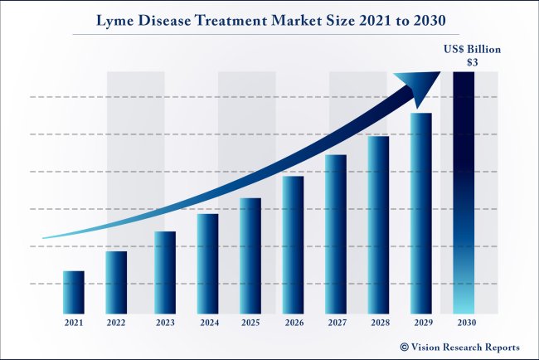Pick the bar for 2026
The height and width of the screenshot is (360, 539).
[293, 245]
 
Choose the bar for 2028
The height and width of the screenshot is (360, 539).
[378, 225]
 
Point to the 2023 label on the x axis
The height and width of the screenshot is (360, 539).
[165, 322]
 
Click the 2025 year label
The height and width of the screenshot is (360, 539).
[250, 322]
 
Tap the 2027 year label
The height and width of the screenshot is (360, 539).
[337, 322]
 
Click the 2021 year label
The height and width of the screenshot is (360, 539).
[74, 322]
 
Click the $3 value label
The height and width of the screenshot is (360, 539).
[471, 62]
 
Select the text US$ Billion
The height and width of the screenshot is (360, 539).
[470, 50]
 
